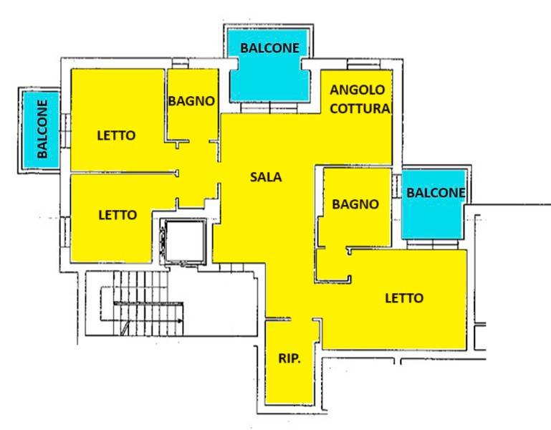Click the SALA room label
266,177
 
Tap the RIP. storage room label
289,358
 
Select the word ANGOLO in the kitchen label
357,90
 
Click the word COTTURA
360,109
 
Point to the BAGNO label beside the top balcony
191,101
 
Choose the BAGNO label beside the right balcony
355,204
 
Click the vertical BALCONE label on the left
42,129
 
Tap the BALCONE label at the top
270,48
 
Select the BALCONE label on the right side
436,193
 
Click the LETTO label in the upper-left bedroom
116,135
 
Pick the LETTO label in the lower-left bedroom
118,215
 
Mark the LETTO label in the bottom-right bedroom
404,298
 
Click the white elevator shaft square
185,242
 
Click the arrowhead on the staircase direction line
180,320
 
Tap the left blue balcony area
41,130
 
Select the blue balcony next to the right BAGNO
433,205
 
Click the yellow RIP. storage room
289,362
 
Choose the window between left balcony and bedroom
65,131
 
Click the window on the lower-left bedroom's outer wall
65,232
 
